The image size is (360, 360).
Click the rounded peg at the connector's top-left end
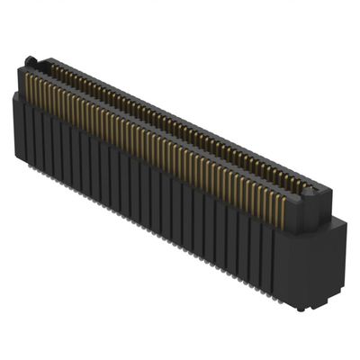pos(31,61)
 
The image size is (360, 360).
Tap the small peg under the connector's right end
pos(301,307)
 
